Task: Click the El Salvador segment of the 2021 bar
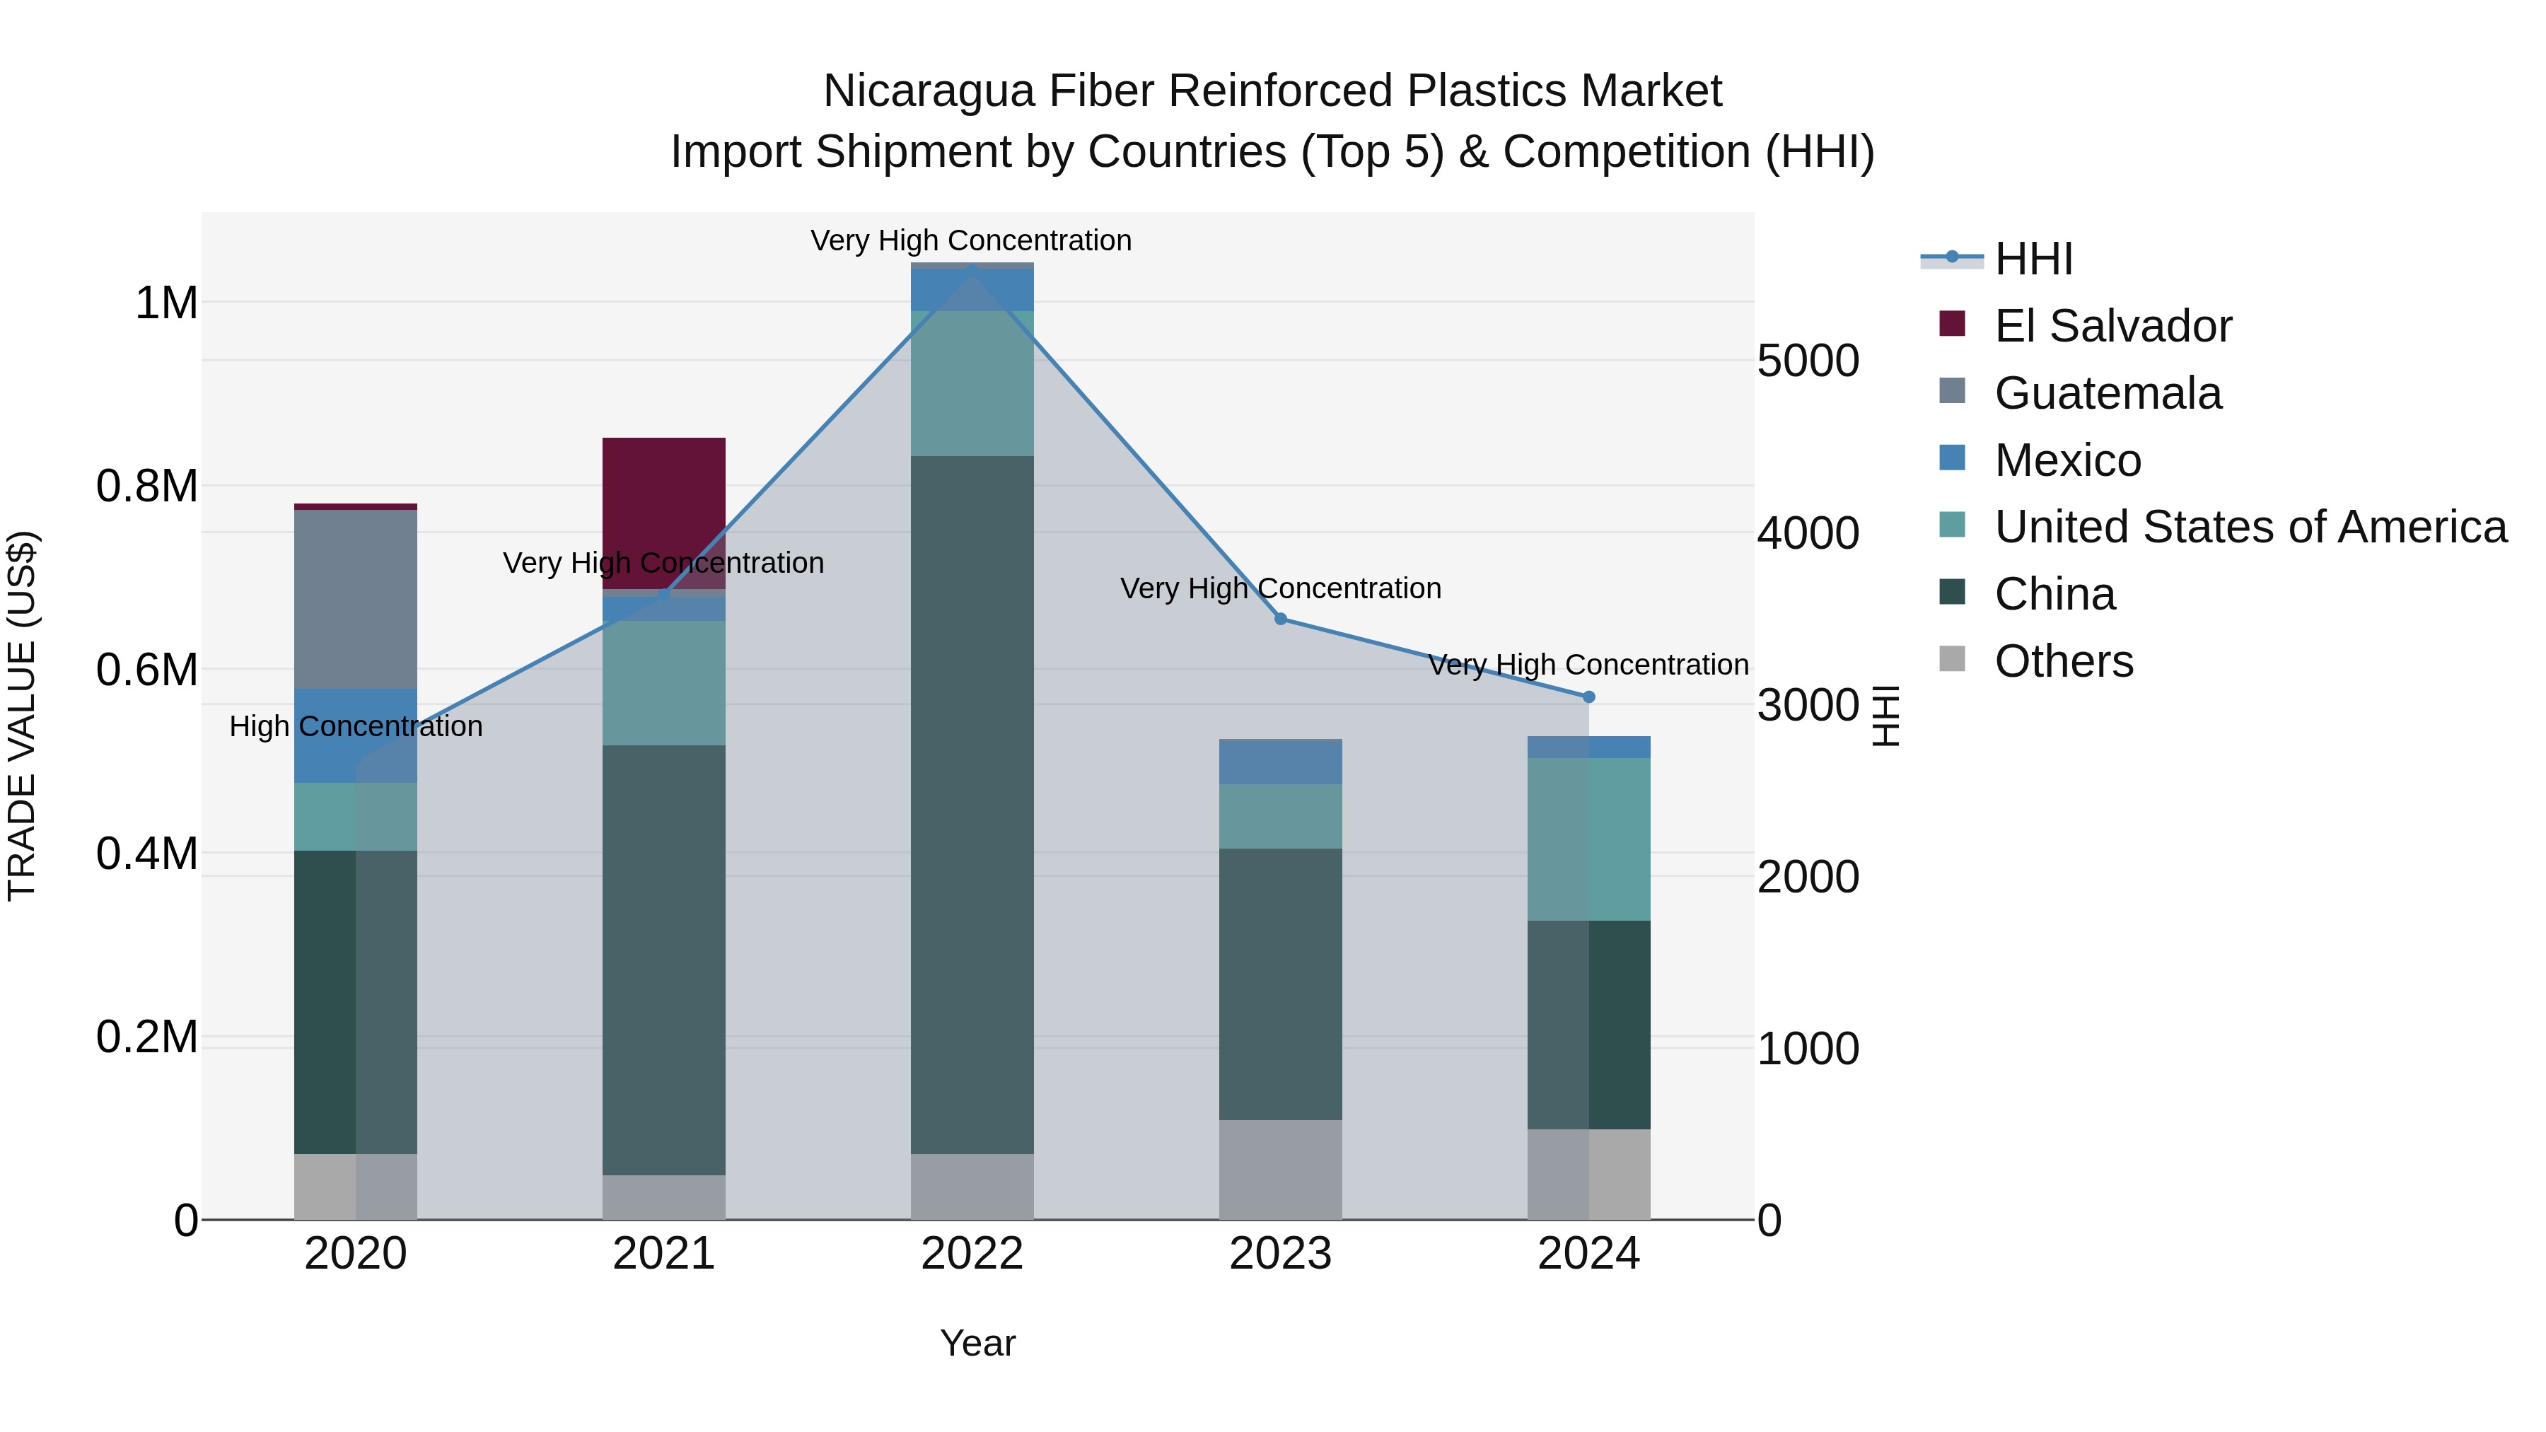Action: (x=663, y=494)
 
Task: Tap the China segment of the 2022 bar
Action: (x=972, y=805)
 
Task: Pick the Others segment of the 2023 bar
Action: (x=1280, y=1169)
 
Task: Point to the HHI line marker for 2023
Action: (x=1280, y=619)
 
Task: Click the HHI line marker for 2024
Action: (x=1588, y=697)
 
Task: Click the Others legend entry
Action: (x=2064, y=661)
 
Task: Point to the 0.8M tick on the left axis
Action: (x=147, y=487)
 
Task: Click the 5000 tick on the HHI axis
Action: (x=1808, y=361)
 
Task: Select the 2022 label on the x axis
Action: (x=972, y=1254)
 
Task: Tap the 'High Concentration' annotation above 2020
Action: (x=356, y=726)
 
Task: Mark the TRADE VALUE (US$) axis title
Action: (x=22, y=716)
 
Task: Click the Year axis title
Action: (x=977, y=1343)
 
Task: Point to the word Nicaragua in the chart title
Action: (x=928, y=91)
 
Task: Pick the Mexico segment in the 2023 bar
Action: (x=1280, y=761)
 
